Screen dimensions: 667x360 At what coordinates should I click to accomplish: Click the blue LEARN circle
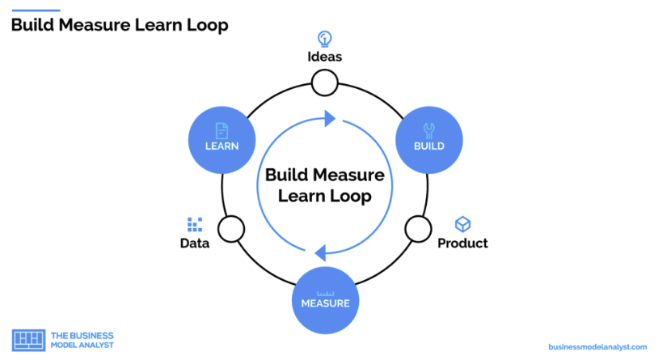point(222,140)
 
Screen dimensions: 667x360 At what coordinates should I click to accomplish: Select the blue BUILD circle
point(428,140)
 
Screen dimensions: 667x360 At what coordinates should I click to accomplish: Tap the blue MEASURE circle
point(325,300)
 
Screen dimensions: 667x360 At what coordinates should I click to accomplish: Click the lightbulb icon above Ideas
point(324,39)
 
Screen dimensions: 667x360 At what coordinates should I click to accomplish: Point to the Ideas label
point(324,57)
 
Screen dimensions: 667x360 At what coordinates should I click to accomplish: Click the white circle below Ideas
point(324,83)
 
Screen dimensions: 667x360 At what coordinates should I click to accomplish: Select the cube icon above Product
point(462,224)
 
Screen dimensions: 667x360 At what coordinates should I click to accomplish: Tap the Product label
point(462,243)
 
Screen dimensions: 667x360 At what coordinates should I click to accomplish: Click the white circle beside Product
point(418,229)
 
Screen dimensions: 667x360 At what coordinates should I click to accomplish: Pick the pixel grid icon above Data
point(195,224)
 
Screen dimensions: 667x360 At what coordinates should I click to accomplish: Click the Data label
point(195,243)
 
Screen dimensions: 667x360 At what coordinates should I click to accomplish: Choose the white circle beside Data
point(231,229)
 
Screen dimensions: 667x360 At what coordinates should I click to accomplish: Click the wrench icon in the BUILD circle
point(428,130)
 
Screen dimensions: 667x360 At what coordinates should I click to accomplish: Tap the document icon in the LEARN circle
point(222,130)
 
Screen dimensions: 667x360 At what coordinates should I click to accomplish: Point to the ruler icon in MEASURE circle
point(326,294)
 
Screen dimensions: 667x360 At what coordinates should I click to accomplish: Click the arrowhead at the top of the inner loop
point(330,118)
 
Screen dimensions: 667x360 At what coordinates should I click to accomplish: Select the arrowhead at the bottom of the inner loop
point(320,253)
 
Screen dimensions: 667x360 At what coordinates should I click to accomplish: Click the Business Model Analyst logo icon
point(28,340)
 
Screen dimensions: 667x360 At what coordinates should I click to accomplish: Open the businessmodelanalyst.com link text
point(597,347)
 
